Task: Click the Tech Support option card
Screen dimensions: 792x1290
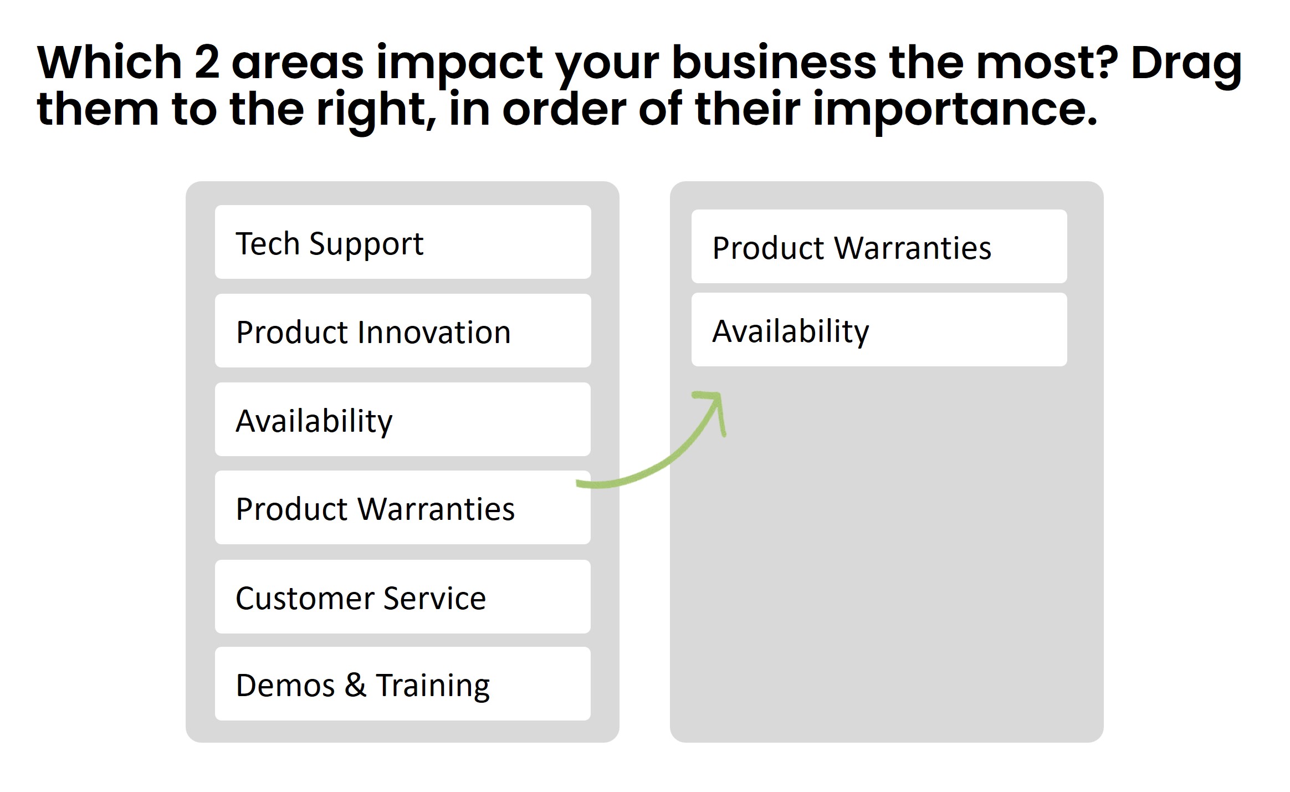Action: click(403, 242)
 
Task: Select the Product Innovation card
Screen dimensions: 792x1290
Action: click(403, 331)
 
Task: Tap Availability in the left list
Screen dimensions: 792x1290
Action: click(403, 420)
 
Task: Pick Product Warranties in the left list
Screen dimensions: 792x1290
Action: click(403, 508)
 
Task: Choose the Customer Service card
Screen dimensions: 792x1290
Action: click(403, 597)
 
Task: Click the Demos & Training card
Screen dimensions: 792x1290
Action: click(403, 684)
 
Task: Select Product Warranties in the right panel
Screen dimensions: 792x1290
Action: click(879, 247)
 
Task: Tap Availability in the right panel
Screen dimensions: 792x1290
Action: click(879, 330)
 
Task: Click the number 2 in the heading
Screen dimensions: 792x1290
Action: click(207, 62)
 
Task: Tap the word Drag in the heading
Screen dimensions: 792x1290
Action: click(1186, 63)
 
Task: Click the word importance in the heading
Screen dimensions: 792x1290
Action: click(954, 109)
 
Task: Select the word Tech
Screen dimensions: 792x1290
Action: click(267, 243)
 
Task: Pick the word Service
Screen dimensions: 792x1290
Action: click(434, 598)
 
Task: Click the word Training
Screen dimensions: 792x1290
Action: click(433, 686)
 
